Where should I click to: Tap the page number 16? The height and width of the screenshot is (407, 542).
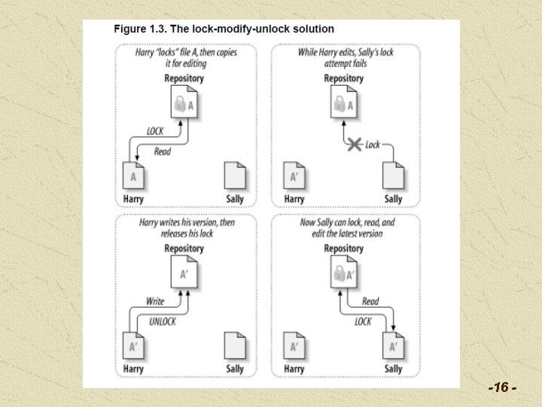pyautogui.click(x=502, y=387)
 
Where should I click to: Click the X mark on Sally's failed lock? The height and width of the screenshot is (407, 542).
pyautogui.click(x=355, y=144)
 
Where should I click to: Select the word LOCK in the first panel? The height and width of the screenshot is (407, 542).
pyautogui.click(x=155, y=131)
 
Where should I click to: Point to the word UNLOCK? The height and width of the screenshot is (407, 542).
pyautogui.click(x=162, y=322)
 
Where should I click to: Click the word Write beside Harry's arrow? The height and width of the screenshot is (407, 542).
pyautogui.click(x=155, y=301)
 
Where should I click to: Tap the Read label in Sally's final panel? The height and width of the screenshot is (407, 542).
pyautogui.click(x=370, y=301)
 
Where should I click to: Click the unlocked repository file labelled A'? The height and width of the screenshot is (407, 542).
pyautogui.click(x=184, y=271)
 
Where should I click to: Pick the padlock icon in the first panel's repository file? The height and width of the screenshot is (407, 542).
pyautogui.click(x=180, y=104)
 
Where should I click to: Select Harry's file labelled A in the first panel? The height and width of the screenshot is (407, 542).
pyautogui.click(x=133, y=176)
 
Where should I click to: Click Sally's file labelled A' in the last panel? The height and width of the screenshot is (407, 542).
pyautogui.click(x=393, y=345)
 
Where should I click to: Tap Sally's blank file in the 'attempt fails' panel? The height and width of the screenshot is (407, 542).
pyautogui.click(x=393, y=176)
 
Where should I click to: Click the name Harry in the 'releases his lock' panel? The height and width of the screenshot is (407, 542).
pyautogui.click(x=133, y=369)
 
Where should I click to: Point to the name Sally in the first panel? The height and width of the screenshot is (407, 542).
pyautogui.click(x=235, y=199)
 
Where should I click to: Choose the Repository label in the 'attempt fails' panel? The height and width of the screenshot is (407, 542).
pyautogui.click(x=343, y=78)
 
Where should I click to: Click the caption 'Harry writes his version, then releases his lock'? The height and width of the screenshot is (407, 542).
pyautogui.click(x=187, y=228)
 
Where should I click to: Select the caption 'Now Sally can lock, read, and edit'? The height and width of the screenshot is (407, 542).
pyautogui.click(x=347, y=228)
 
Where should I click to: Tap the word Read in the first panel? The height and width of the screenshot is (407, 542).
pyautogui.click(x=163, y=151)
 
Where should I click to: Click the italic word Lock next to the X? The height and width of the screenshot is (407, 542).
pyautogui.click(x=373, y=144)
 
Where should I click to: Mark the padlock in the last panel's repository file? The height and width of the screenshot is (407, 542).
pyautogui.click(x=340, y=274)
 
